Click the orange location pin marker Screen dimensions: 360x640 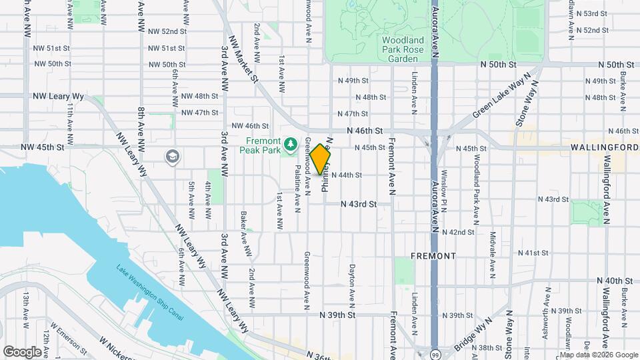coord(321,159)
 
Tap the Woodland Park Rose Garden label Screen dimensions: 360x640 coord(403,49)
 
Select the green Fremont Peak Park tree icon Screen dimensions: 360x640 coord(290,143)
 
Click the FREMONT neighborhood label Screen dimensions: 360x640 coord(433,256)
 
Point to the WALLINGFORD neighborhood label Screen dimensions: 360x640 coord(605,147)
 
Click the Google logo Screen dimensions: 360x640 coord(21,351)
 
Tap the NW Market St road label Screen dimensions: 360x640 coord(243,59)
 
